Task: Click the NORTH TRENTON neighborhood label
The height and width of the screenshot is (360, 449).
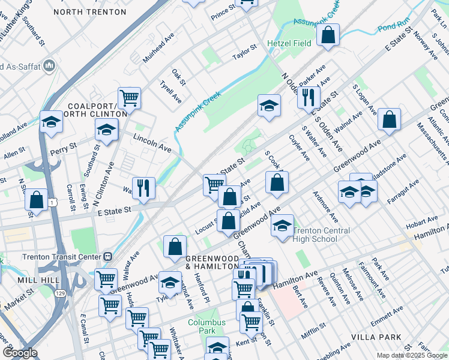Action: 98,12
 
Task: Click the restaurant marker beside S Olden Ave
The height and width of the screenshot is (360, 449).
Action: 309,96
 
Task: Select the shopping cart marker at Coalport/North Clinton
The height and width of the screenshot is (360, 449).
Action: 129,97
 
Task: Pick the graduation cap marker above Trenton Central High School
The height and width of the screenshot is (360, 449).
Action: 282,225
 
